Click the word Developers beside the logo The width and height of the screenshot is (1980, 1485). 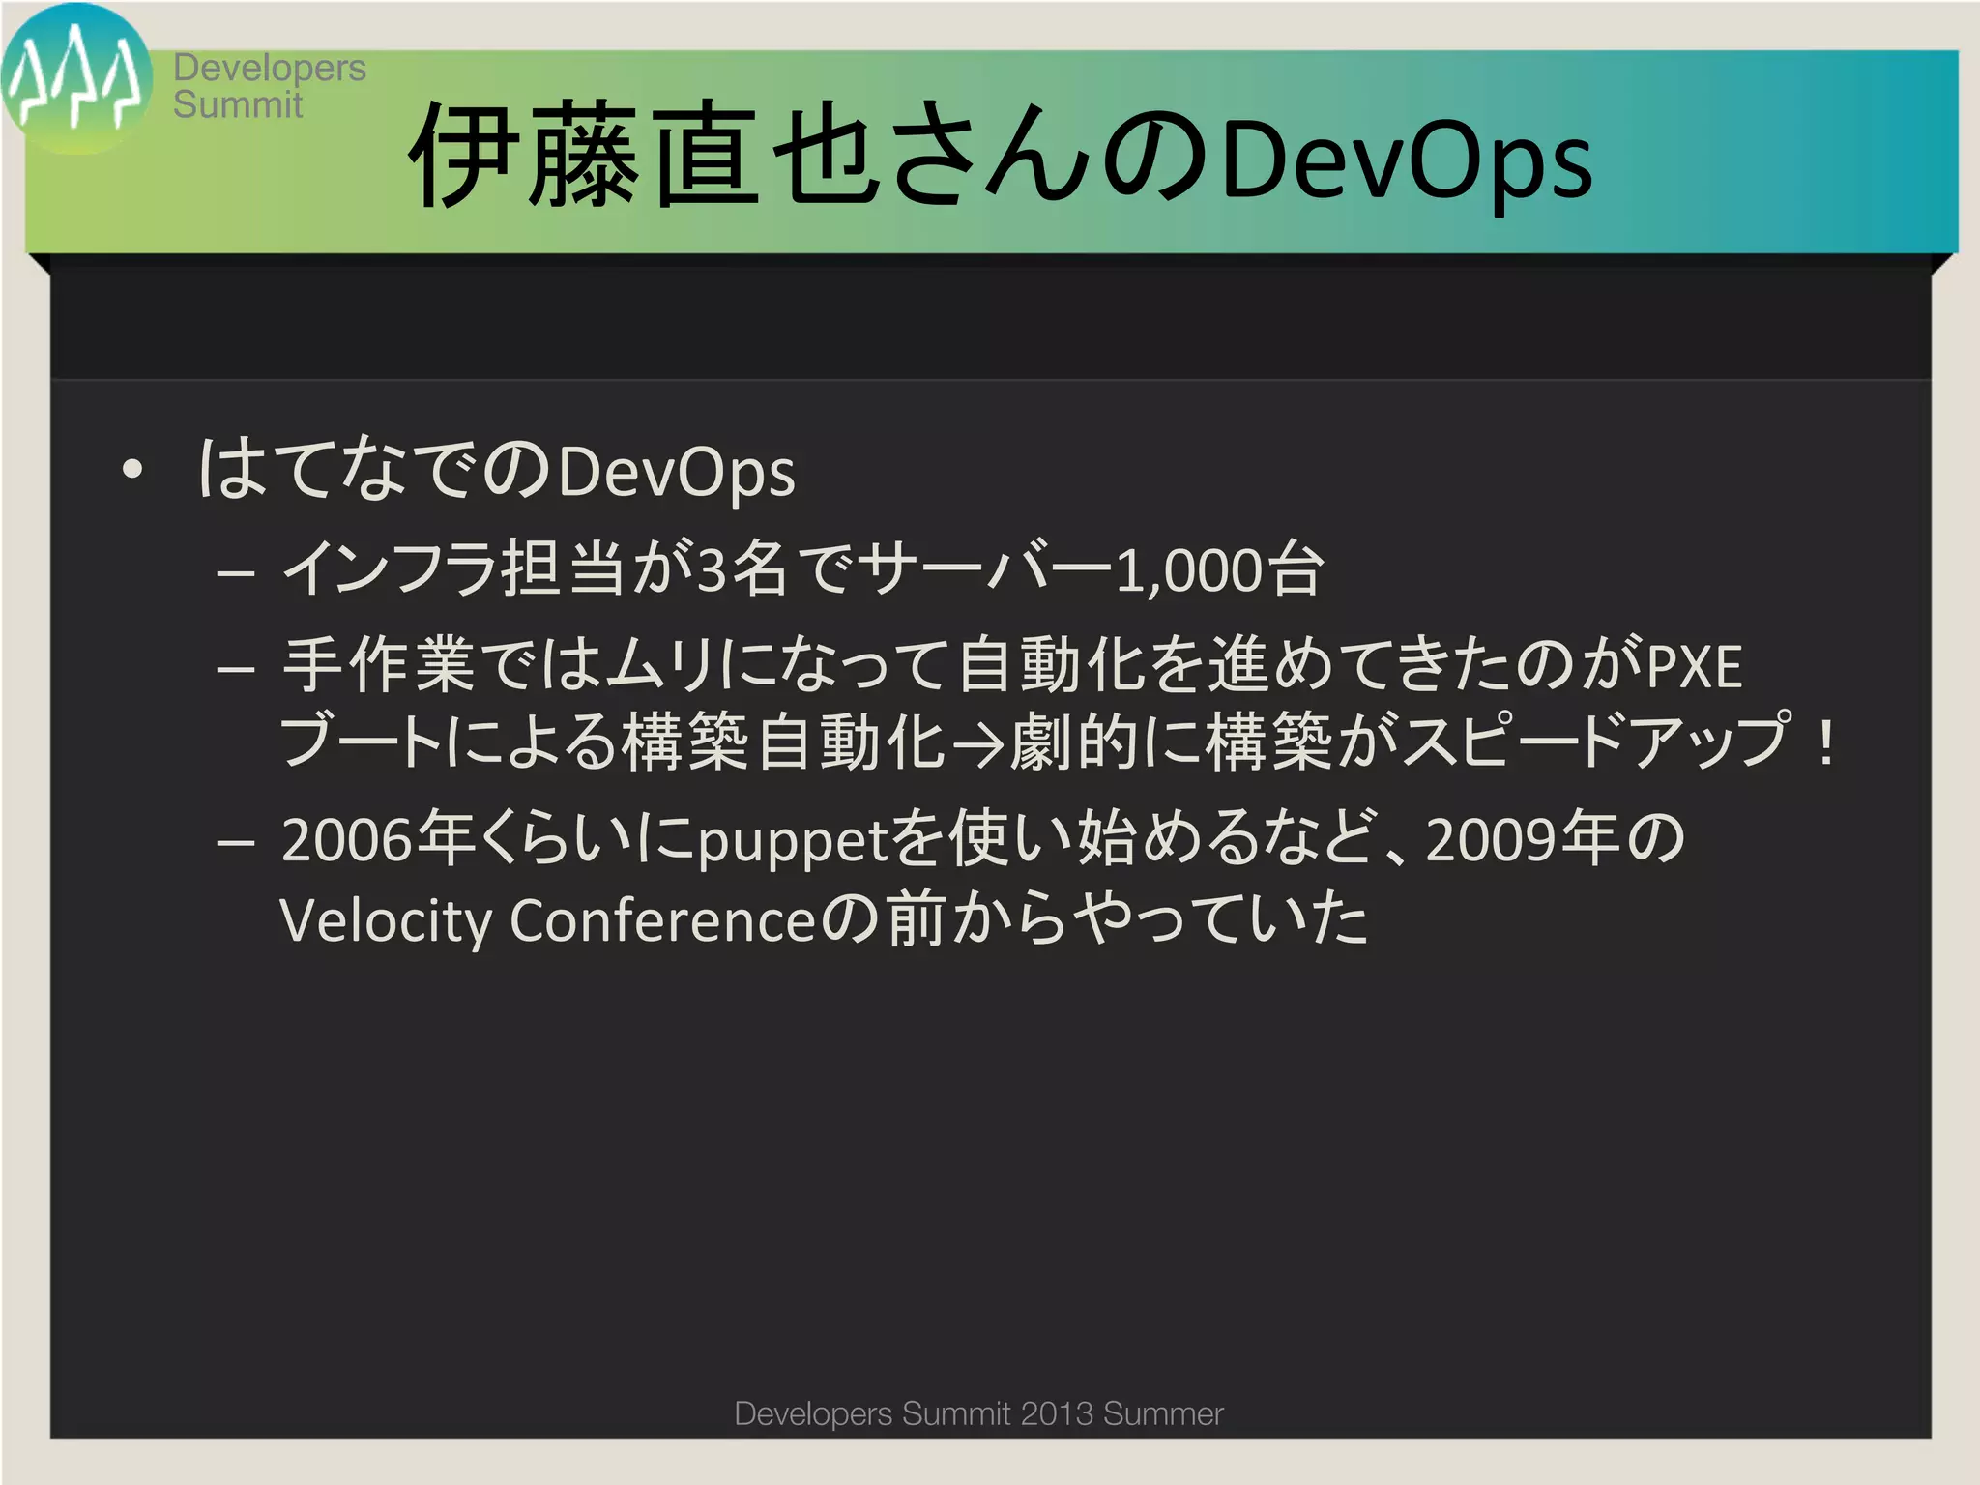270,68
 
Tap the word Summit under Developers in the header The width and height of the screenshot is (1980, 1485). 238,104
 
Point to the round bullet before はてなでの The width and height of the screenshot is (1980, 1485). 132,471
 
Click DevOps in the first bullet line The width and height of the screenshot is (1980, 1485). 677,473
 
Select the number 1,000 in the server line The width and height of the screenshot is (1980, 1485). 1190,570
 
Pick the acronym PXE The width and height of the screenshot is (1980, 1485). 1694,667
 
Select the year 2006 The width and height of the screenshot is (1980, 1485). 347,839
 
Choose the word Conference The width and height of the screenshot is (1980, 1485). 664,920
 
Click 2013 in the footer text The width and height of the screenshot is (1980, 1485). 1058,1413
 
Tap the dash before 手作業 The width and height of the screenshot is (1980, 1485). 236,668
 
